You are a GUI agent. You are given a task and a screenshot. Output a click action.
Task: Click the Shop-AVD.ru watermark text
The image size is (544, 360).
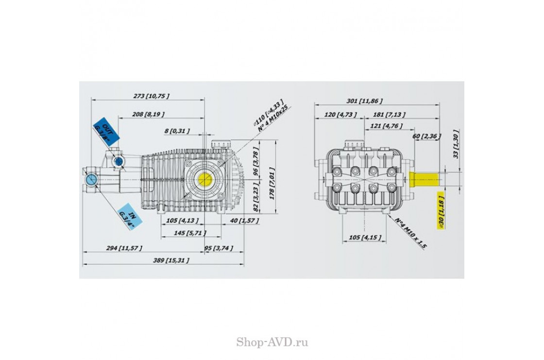coord(272,343)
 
